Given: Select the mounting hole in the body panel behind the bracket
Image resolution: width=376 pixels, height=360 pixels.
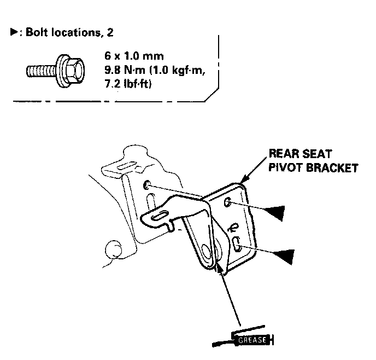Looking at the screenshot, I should tap(148, 187).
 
